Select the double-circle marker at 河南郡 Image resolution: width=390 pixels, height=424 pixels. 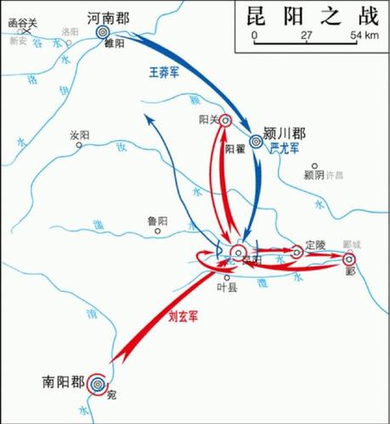[103, 32]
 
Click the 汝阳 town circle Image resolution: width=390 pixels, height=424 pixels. [78, 145]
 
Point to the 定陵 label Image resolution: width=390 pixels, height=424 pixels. [315, 243]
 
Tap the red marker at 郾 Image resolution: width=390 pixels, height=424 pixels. [348, 260]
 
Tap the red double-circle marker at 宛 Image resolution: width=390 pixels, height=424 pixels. [99, 385]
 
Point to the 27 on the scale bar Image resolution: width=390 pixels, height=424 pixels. [307, 35]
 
